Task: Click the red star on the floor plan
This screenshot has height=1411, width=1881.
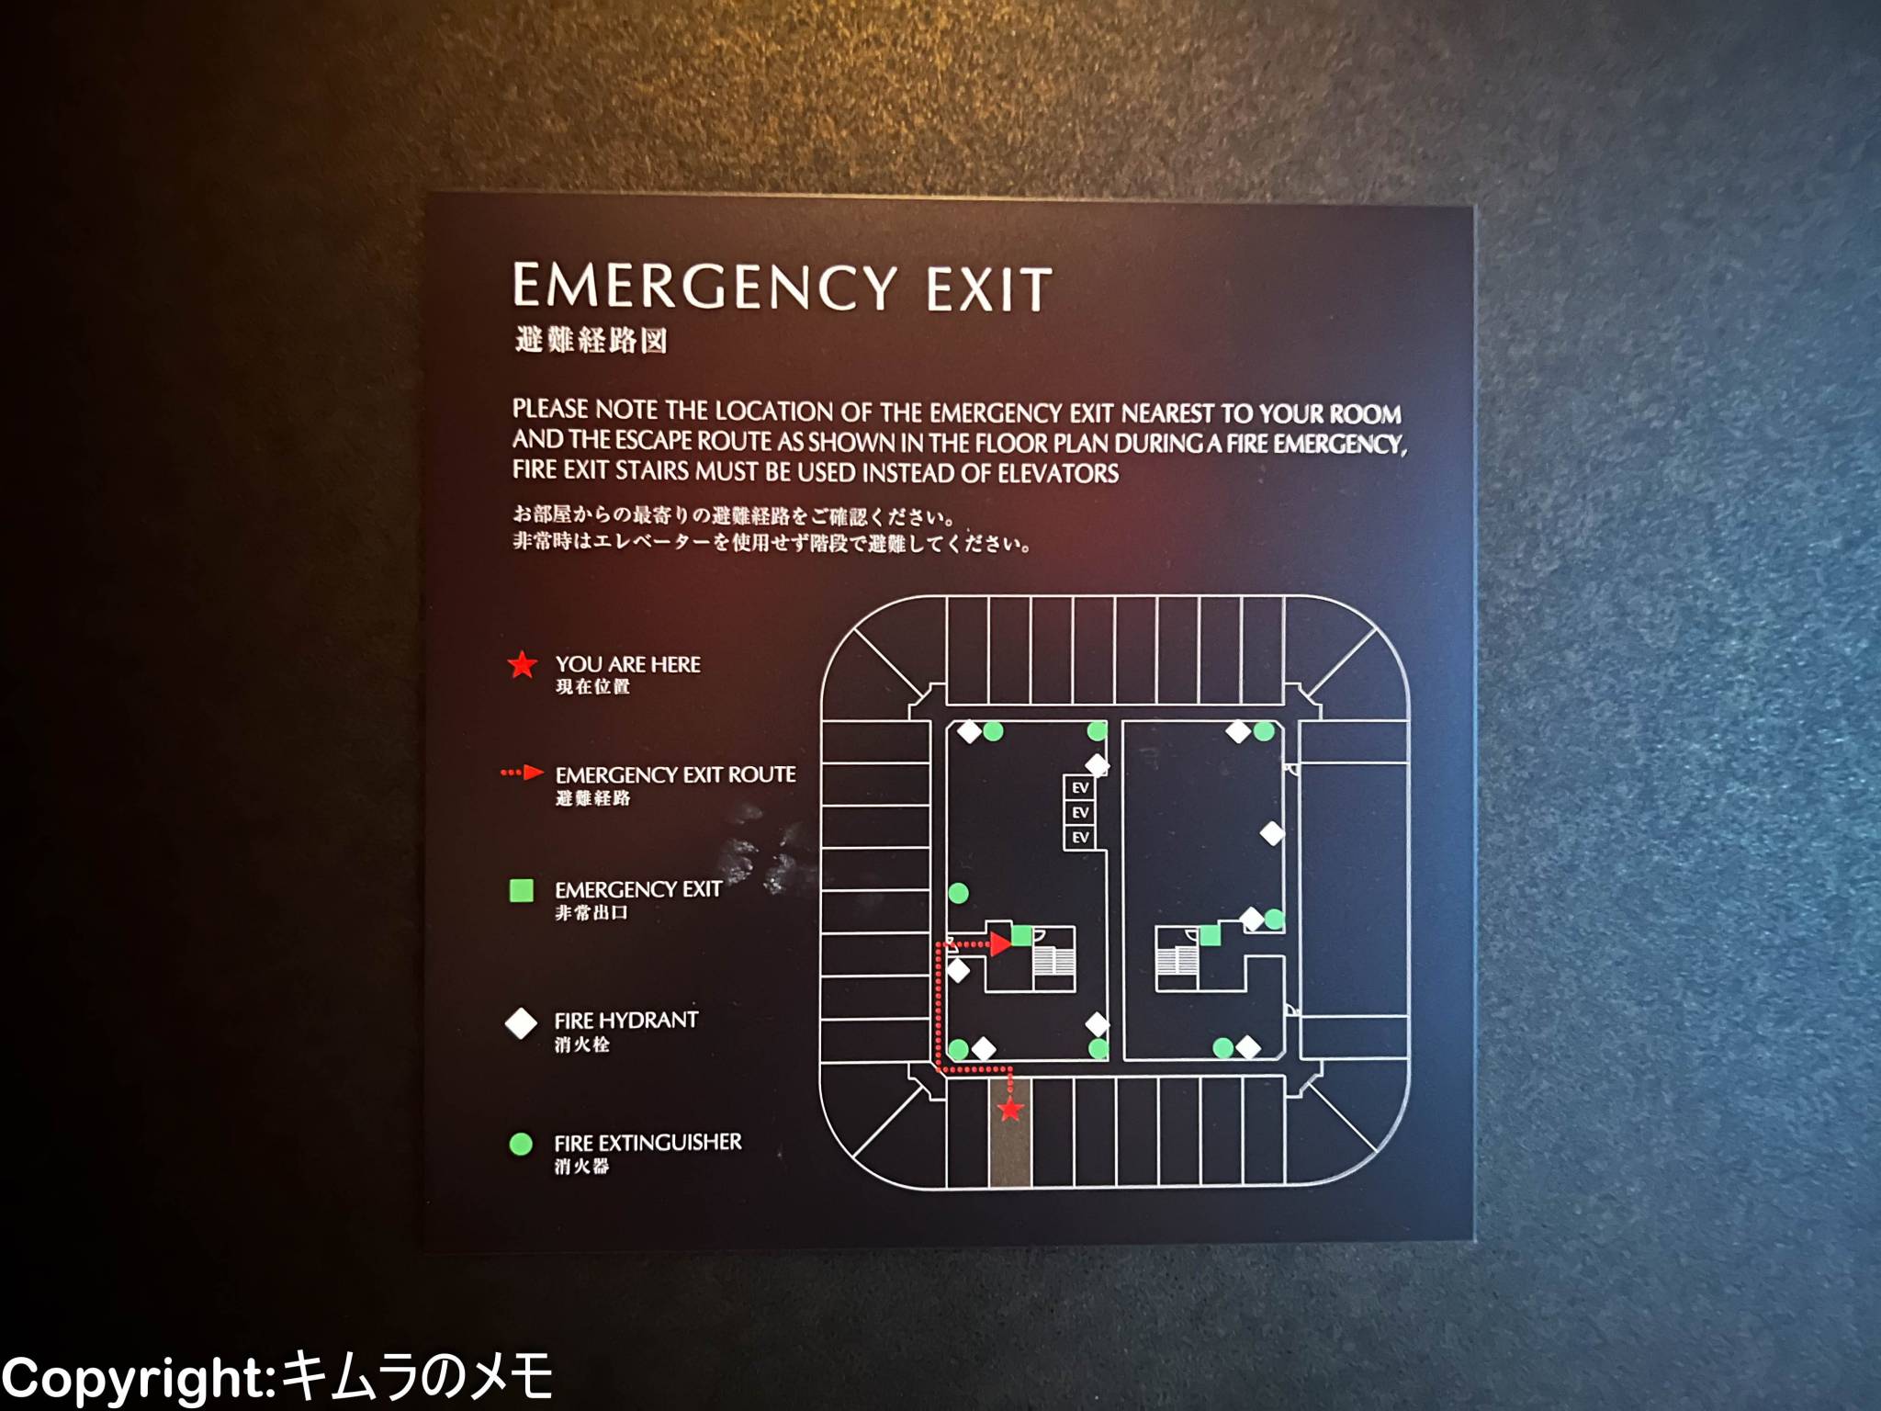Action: [x=1010, y=1109]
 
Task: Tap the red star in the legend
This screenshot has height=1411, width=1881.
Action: [x=522, y=664]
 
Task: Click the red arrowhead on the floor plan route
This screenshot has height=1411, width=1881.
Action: [x=1001, y=943]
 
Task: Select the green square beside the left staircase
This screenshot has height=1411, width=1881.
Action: [x=1021, y=936]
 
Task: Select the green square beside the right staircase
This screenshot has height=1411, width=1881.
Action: [x=1210, y=935]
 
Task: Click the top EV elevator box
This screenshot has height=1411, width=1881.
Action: [x=1080, y=787]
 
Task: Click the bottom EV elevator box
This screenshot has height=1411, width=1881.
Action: [x=1080, y=837]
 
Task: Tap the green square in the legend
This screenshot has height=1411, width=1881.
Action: [x=522, y=890]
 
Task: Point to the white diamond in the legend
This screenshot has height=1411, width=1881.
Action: [x=522, y=1023]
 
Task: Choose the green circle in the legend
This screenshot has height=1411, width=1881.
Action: [x=521, y=1144]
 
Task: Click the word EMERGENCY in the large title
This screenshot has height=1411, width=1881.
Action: [x=704, y=287]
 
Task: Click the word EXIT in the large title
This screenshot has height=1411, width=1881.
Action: [x=989, y=289]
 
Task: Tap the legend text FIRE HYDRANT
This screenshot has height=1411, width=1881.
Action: [x=626, y=1021]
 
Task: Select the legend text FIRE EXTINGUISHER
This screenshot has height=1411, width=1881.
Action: [x=648, y=1143]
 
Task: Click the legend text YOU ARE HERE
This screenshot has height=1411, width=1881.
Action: [x=627, y=664]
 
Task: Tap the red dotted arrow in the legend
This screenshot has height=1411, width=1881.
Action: [x=523, y=773]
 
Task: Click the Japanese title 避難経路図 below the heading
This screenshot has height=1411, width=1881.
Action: [x=591, y=341]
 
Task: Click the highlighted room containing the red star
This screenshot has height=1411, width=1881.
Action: [x=1010, y=1132]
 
